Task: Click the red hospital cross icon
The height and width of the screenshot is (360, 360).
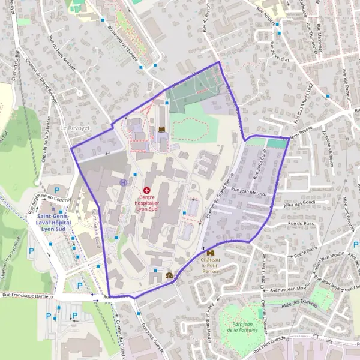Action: [146, 190]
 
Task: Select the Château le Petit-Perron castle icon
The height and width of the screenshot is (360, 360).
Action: [209, 253]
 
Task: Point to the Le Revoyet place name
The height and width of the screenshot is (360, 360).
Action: [74, 128]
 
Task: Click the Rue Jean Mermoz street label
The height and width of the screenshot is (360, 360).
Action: [248, 191]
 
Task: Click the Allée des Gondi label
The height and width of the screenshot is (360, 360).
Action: [306, 202]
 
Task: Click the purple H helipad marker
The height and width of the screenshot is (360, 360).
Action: [123, 182]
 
